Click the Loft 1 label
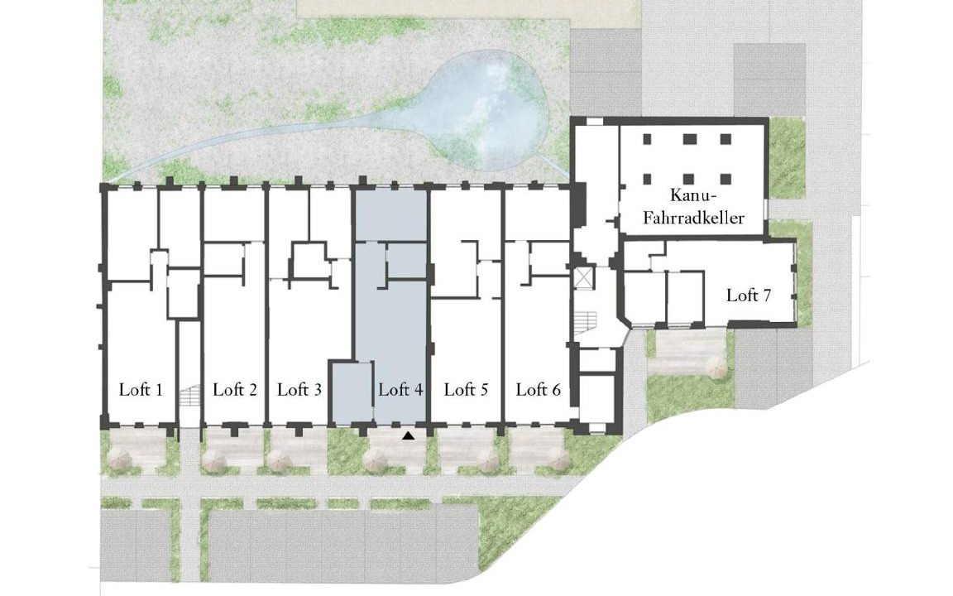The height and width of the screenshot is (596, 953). coord(141,390)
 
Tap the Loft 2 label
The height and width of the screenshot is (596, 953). coord(235,390)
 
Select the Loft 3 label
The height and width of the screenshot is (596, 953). coord(299,390)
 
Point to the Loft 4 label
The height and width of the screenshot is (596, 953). coord(400,390)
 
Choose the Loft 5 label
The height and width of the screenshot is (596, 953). coord(467,390)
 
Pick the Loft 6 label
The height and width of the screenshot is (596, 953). coord(539,390)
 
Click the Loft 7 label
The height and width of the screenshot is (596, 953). coord(749,296)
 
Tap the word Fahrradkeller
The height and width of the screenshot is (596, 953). coord(693,218)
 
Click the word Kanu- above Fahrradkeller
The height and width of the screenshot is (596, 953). coord(693,195)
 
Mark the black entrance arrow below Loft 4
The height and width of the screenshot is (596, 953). coord(409,435)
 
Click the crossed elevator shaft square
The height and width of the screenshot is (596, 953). coord(583,277)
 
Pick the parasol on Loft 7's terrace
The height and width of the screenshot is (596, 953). coord(715,368)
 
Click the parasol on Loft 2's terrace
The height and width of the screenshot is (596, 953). coord(215,462)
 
